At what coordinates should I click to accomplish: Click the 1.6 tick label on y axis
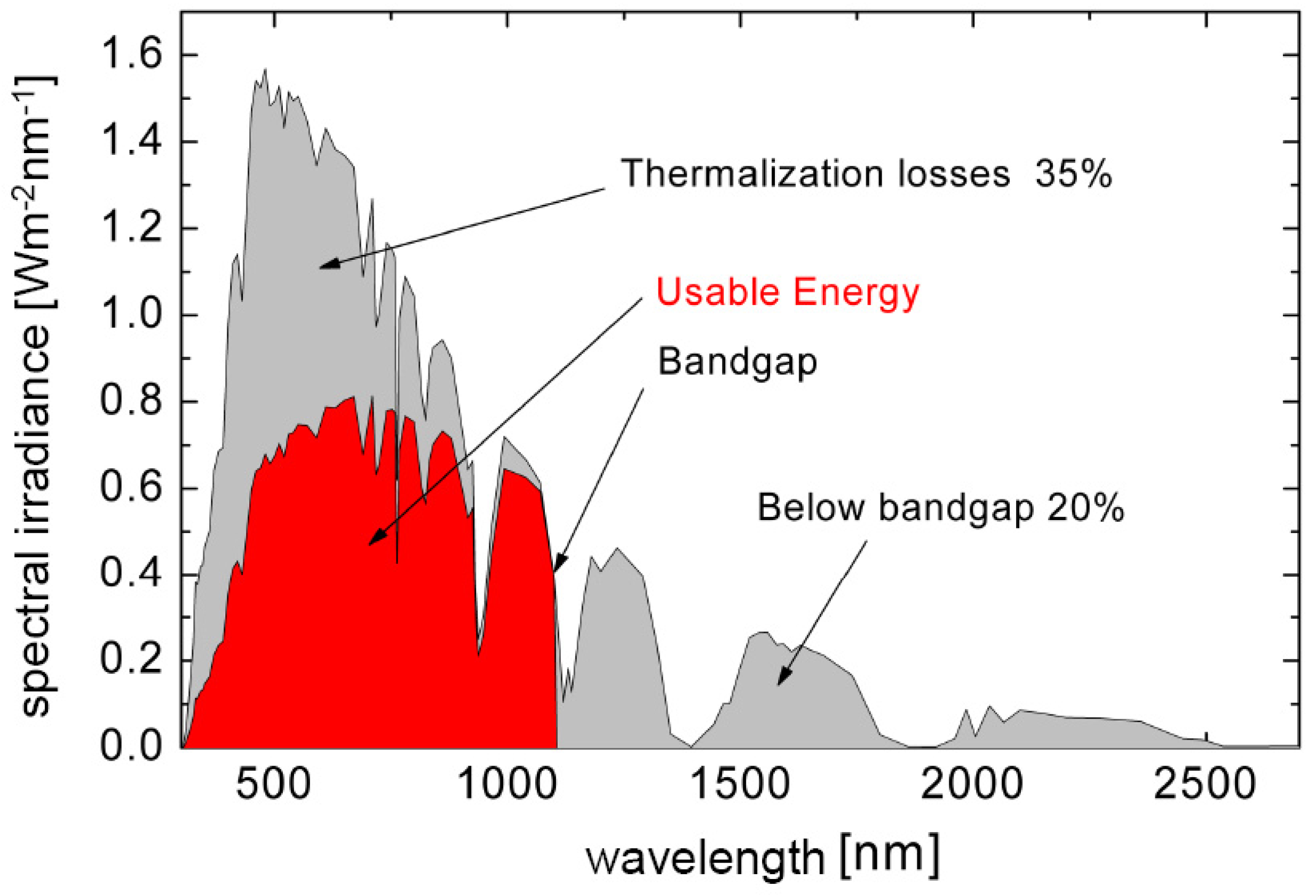[x=130, y=54]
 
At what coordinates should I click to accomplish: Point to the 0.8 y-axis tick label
[x=130, y=402]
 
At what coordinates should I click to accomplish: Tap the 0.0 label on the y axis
[x=130, y=746]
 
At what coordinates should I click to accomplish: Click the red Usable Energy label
[x=788, y=293]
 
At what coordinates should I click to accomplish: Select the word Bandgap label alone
[x=738, y=362]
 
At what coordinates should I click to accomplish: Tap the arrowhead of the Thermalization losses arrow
[x=326, y=265]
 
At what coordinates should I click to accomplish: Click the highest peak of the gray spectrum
[x=265, y=70]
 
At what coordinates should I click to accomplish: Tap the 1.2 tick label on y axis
[x=130, y=228]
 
